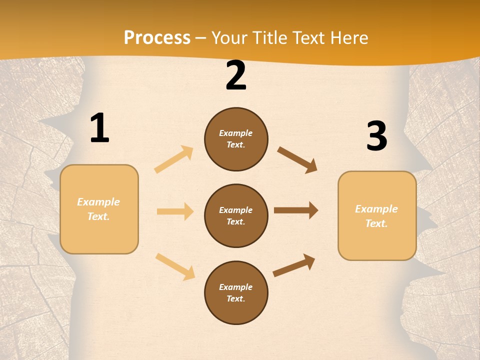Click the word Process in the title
157,38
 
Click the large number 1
99,128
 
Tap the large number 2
236,76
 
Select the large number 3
376,136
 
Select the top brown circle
236,139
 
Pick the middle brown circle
236,216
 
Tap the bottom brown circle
236,293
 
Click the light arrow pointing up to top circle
174,159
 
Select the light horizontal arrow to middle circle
175,211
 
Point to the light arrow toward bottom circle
175,266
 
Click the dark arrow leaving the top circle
297,159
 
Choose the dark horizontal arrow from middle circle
296,210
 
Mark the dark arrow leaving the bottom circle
294,265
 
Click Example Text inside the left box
98,209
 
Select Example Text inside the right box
376,216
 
